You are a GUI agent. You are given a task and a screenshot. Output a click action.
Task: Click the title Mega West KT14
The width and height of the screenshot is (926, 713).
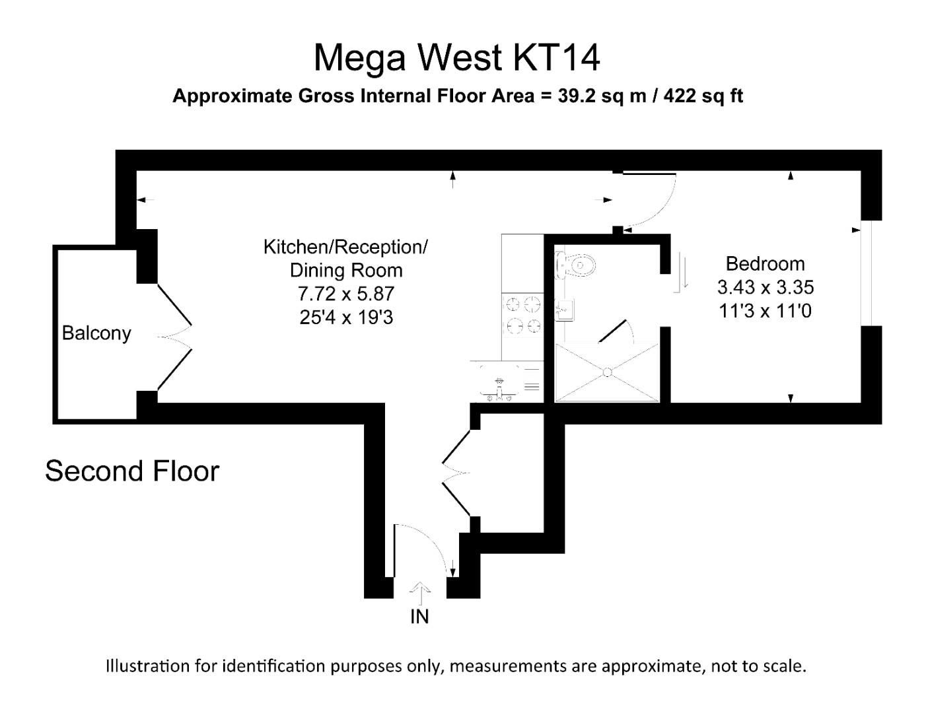coord(456,57)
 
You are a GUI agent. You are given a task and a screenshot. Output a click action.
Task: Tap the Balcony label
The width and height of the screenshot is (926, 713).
coord(96,333)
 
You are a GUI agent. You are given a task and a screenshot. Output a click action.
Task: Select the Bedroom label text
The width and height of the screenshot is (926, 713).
coord(765,263)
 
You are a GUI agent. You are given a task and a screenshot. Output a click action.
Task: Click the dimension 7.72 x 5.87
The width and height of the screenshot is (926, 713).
coord(345,294)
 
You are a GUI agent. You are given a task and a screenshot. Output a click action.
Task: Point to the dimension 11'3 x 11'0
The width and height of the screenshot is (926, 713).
coord(765,310)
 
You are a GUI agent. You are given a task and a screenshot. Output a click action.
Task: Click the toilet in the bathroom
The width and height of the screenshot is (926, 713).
coord(576,265)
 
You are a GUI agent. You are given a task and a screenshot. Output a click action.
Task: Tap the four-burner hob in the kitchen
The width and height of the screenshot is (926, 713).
coord(522,315)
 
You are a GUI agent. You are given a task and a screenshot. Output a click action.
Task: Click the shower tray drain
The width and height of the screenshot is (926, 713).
coord(607,373)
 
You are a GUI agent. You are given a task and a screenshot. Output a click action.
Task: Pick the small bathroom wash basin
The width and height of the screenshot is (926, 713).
coord(563,309)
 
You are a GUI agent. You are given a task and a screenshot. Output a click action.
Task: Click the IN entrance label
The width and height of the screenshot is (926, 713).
coord(419,617)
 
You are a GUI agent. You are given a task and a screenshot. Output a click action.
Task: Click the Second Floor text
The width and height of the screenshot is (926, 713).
coord(132,471)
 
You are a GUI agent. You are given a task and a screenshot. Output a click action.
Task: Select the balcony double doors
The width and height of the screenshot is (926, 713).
coord(175,337)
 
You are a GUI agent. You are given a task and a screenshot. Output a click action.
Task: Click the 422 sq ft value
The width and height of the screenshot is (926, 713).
coord(703,96)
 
